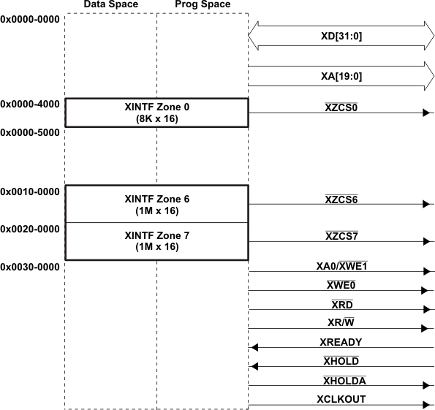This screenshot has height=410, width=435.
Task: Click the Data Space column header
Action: tap(110, 5)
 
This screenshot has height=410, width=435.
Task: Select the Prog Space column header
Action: tap(203, 5)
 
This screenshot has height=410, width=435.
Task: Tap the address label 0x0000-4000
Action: tap(30, 105)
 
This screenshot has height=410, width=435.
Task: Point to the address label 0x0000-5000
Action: tap(30, 133)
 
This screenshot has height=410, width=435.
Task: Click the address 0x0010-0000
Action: tap(30, 191)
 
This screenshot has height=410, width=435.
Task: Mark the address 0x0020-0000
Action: tap(30, 229)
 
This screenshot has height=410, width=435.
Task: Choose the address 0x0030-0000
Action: tap(30, 267)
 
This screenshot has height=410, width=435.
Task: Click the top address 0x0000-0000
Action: tap(30, 20)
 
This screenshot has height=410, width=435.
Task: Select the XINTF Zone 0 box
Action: tap(156, 113)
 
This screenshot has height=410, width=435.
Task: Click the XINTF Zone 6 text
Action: tap(156, 204)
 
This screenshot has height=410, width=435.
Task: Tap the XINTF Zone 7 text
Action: tap(156, 241)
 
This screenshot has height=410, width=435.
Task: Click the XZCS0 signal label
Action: tap(341, 107)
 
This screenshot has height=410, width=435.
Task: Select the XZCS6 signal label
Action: tap(341, 199)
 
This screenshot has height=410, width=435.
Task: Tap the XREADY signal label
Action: tap(341, 341)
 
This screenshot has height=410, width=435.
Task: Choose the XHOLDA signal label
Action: tap(344, 380)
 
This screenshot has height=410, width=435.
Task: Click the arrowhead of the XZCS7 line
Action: tap(426, 242)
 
